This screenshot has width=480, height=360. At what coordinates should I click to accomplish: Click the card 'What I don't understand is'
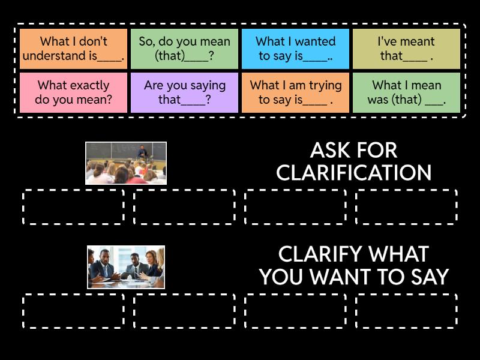73,49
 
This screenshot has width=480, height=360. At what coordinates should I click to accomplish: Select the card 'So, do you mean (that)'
184,49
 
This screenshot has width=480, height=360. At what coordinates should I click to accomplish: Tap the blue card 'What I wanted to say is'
295,49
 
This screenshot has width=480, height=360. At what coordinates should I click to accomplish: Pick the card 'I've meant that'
406,49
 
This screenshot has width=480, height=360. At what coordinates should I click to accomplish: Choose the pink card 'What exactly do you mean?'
73,93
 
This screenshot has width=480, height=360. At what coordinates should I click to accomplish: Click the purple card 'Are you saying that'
184,93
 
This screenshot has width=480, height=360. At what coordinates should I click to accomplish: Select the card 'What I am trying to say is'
295,93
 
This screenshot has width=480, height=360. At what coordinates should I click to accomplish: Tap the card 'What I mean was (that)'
406,93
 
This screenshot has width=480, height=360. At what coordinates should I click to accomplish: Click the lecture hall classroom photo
125,163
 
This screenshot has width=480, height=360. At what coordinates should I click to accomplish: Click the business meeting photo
125,267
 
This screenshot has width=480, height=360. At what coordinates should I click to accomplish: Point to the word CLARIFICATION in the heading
354,173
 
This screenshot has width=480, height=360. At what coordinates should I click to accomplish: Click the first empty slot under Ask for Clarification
73,207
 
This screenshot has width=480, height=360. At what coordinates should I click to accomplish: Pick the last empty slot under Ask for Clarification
406,207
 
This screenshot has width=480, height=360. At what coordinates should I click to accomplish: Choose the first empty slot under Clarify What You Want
73,311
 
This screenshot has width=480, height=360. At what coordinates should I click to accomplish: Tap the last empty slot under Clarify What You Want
406,311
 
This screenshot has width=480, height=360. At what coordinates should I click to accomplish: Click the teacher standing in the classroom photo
142,152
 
